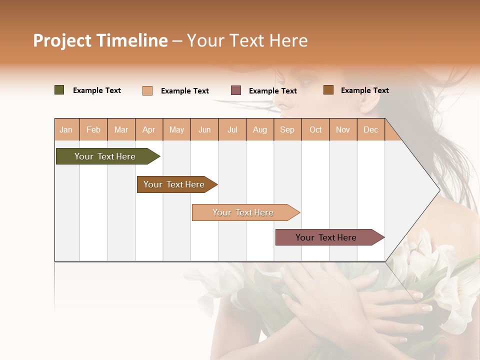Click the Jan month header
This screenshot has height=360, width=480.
tap(66, 129)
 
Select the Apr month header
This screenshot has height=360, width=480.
tap(148, 129)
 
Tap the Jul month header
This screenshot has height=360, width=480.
tap(232, 129)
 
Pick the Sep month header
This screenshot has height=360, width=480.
tap(287, 129)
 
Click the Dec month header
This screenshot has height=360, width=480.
tap(370, 129)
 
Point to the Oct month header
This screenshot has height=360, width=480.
tap(315, 129)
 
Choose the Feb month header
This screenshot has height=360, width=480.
tap(93, 129)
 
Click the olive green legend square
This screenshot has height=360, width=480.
tap(59, 90)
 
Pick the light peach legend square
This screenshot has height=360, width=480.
tap(147, 90)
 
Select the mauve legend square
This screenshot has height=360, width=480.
tap(236, 90)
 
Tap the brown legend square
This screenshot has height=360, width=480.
tap(328, 90)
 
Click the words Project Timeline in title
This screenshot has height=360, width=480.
tap(100, 40)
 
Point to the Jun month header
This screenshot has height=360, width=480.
tap(204, 129)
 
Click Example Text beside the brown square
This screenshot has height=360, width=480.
tap(364, 90)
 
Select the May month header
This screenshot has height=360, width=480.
tap(176, 129)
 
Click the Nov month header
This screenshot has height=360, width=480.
tap(343, 129)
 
